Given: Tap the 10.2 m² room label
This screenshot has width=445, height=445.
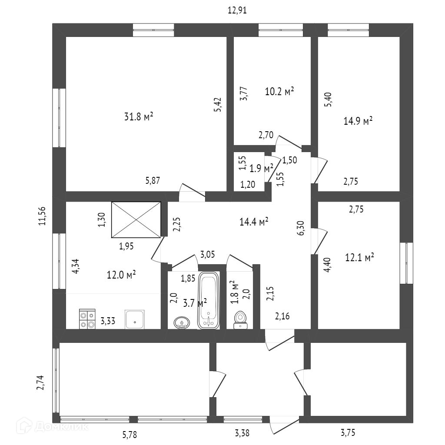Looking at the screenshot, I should (x=279, y=91).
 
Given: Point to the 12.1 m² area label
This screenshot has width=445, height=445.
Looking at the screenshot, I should (x=360, y=258).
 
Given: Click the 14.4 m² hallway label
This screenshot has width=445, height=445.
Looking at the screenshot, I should (x=254, y=222).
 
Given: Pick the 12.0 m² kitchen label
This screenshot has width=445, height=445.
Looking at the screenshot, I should (x=121, y=275).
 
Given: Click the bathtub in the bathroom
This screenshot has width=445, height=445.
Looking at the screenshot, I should (x=209, y=300).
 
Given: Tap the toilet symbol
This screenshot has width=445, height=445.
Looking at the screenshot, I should (x=240, y=320).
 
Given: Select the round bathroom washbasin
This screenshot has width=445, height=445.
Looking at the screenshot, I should (x=182, y=322).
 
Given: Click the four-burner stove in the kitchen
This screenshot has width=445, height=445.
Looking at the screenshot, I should (x=87, y=319).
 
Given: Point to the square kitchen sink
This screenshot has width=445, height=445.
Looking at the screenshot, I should (x=135, y=319).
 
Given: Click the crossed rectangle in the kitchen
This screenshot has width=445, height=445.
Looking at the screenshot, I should (x=136, y=220).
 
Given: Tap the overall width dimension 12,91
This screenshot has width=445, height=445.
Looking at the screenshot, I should (x=237, y=10).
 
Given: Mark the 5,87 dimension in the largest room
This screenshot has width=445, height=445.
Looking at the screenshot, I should (x=152, y=181).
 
